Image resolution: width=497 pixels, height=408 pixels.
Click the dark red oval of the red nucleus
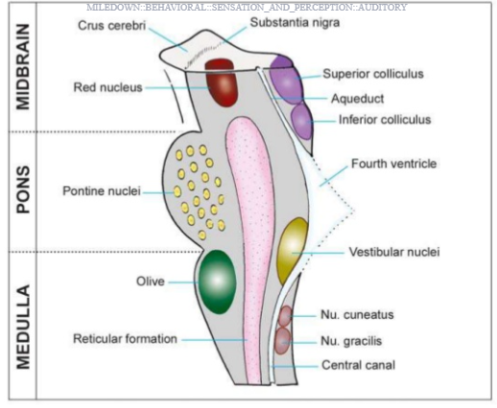[222, 82]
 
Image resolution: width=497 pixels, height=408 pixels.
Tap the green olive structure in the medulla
[217, 282]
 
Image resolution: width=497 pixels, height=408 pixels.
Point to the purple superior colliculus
[286, 79]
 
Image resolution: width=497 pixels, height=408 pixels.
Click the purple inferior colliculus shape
[301, 122]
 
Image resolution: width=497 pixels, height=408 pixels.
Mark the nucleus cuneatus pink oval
[285, 316]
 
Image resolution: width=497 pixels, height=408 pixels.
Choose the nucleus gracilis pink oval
[283, 341]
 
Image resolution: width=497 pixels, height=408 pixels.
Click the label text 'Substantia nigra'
[295, 23]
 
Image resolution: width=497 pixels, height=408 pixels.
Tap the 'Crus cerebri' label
[111, 26]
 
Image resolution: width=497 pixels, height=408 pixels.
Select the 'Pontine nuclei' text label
[102, 191]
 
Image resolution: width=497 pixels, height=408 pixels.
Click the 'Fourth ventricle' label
[394, 164]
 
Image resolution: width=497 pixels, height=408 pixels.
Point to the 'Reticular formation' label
[125, 339]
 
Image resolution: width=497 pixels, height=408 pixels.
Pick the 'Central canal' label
[358, 365]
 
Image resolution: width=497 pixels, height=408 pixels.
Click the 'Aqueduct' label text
[358, 99]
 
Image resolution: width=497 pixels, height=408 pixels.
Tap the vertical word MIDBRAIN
[23, 67]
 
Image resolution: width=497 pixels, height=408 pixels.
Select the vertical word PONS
[23, 190]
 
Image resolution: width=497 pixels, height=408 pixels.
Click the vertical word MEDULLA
[23, 327]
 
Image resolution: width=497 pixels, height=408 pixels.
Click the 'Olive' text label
[151, 282]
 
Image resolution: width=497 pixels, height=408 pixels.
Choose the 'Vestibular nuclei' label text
[394, 252]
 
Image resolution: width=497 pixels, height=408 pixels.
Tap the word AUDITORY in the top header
[382, 7]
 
